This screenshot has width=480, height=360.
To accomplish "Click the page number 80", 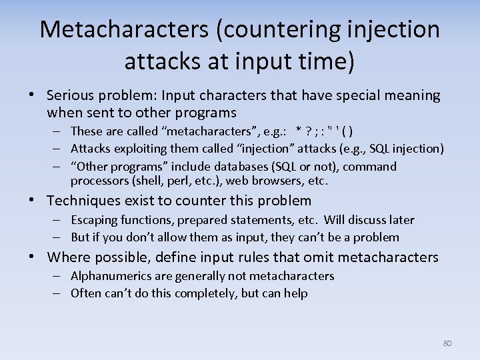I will (x=447, y=343).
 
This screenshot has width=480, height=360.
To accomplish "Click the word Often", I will (x=86, y=293).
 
